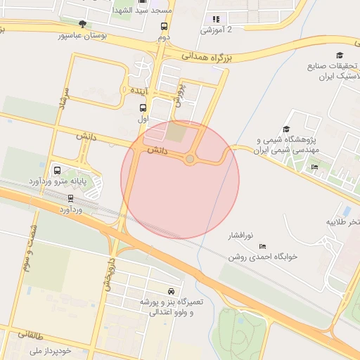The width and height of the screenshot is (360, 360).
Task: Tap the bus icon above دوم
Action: (x=164, y=26)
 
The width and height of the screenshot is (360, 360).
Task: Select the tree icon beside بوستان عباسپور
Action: (x=83, y=24)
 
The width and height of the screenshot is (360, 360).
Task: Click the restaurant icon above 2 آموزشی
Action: (x=216, y=19)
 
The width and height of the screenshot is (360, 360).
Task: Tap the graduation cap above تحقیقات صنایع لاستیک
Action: (x=340, y=56)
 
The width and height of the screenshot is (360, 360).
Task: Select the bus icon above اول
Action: (x=143, y=108)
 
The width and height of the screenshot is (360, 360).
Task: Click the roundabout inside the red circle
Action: (x=190, y=160)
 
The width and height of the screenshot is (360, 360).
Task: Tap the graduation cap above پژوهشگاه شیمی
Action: (x=286, y=129)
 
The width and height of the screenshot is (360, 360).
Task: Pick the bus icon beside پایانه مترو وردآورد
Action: (x=57, y=170)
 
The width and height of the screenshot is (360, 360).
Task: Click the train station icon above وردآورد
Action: (x=70, y=198)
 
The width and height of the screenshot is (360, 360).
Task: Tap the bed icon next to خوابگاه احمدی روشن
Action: (x=263, y=246)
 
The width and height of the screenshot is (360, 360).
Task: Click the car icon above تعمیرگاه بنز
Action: (x=172, y=290)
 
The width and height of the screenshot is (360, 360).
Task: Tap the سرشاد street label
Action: (x=63, y=102)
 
